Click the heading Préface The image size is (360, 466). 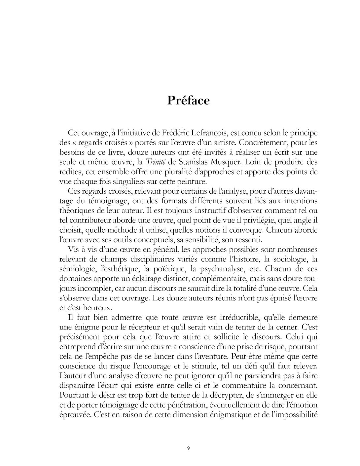188,100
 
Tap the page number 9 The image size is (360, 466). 188,448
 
